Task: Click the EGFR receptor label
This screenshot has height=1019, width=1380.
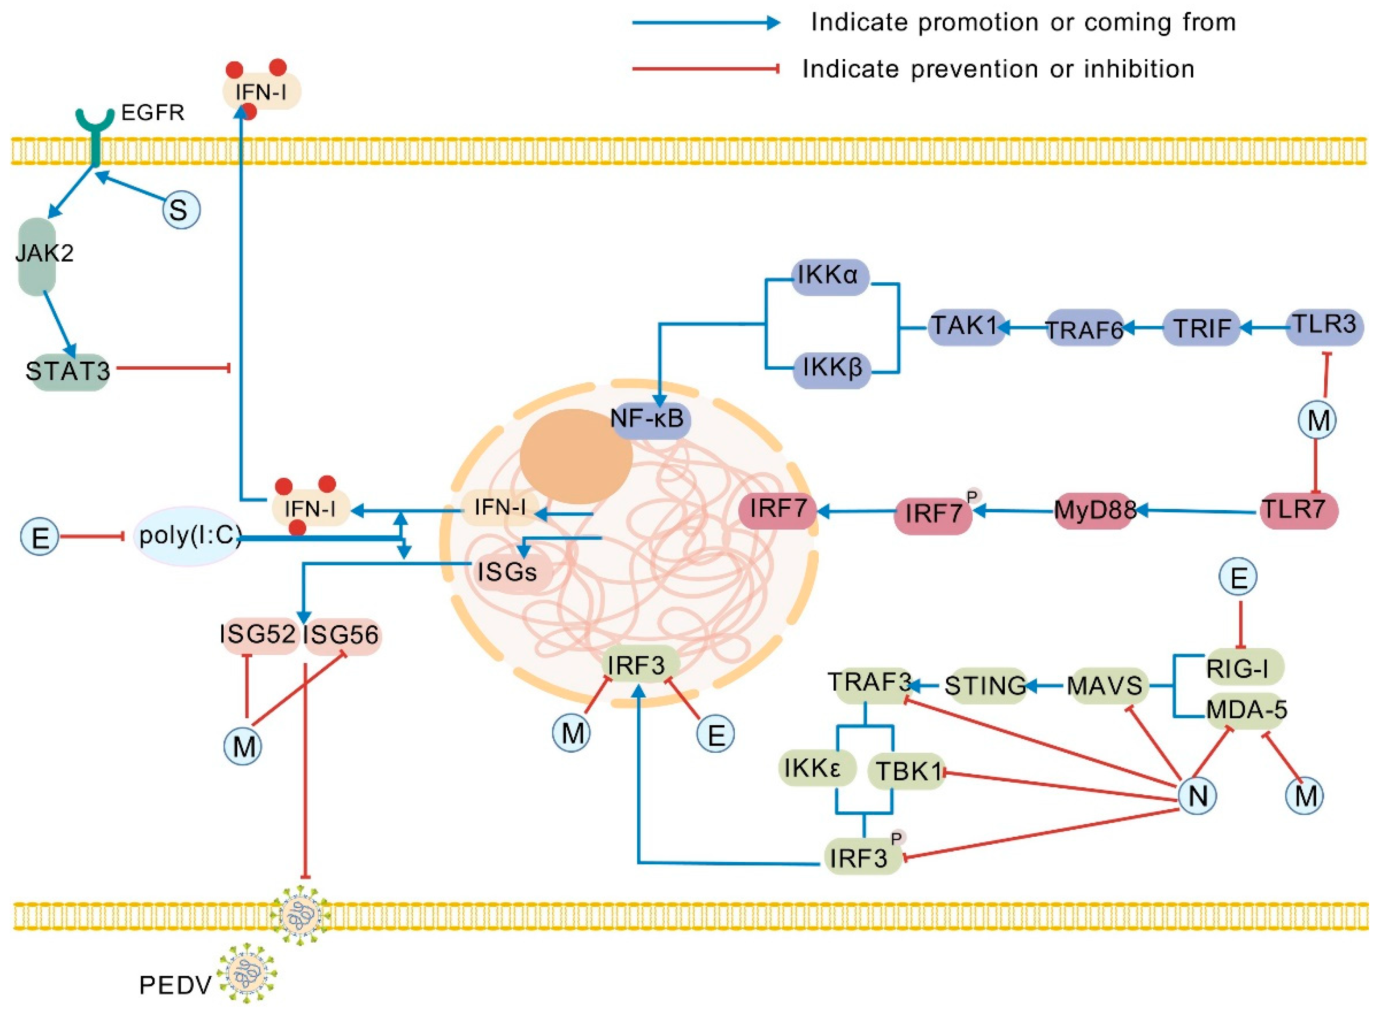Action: [152, 113]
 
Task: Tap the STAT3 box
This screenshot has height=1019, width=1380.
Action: [68, 371]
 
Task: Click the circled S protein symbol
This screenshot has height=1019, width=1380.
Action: [181, 210]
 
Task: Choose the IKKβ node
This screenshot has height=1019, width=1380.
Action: [831, 369]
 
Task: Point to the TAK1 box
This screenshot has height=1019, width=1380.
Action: [965, 326]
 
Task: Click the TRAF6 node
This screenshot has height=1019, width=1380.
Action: [1084, 329]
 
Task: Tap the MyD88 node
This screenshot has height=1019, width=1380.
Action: [1095, 511]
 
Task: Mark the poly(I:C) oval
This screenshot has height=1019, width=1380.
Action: [187, 536]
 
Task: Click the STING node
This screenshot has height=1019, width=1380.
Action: [985, 685]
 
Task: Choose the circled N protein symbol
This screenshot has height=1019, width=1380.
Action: [1197, 796]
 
